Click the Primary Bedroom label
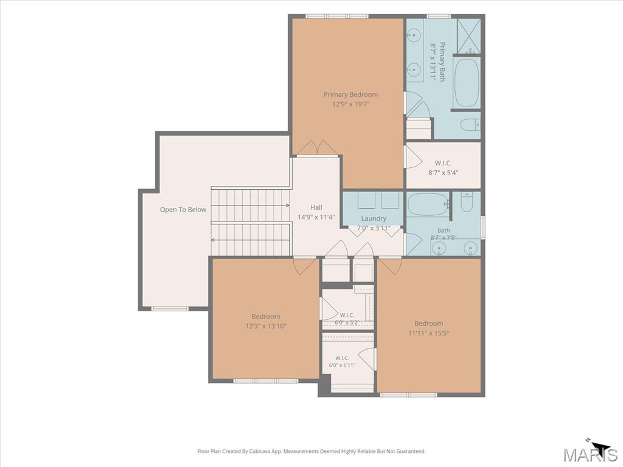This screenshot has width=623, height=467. pyautogui.click(x=350, y=94)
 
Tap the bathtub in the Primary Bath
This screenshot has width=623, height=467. pyautogui.click(x=466, y=83)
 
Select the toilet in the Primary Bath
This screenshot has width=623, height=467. pyautogui.click(x=470, y=125)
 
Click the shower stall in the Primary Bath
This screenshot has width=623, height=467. pyautogui.click(x=469, y=36)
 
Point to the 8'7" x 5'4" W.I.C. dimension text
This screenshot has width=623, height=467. pyautogui.click(x=444, y=173)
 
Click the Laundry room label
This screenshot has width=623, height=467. pyautogui.click(x=374, y=218)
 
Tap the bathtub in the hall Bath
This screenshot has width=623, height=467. pyautogui.click(x=428, y=204)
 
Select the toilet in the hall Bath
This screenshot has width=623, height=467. pyautogui.click(x=467, y=202)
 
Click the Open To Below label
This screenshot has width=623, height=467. pyautogui.click(x=183, y=209)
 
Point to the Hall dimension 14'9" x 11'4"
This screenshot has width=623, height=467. pyautogui.click(x=316, y=217)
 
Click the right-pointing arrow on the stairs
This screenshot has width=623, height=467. pyautogui.click(x=250, y=206)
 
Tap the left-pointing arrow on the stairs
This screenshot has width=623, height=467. pyautogui.click(x=250, y=240)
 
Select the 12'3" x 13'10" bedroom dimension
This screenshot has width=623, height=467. pyautogui.click(x=266, y=327)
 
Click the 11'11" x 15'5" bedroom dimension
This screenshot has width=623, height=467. pyautogui.click(x=429, y=333)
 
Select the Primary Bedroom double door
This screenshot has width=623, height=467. pyautogui.click(x=318, y=148)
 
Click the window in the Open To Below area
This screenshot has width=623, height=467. pyautogui.click(x=170, y=308)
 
